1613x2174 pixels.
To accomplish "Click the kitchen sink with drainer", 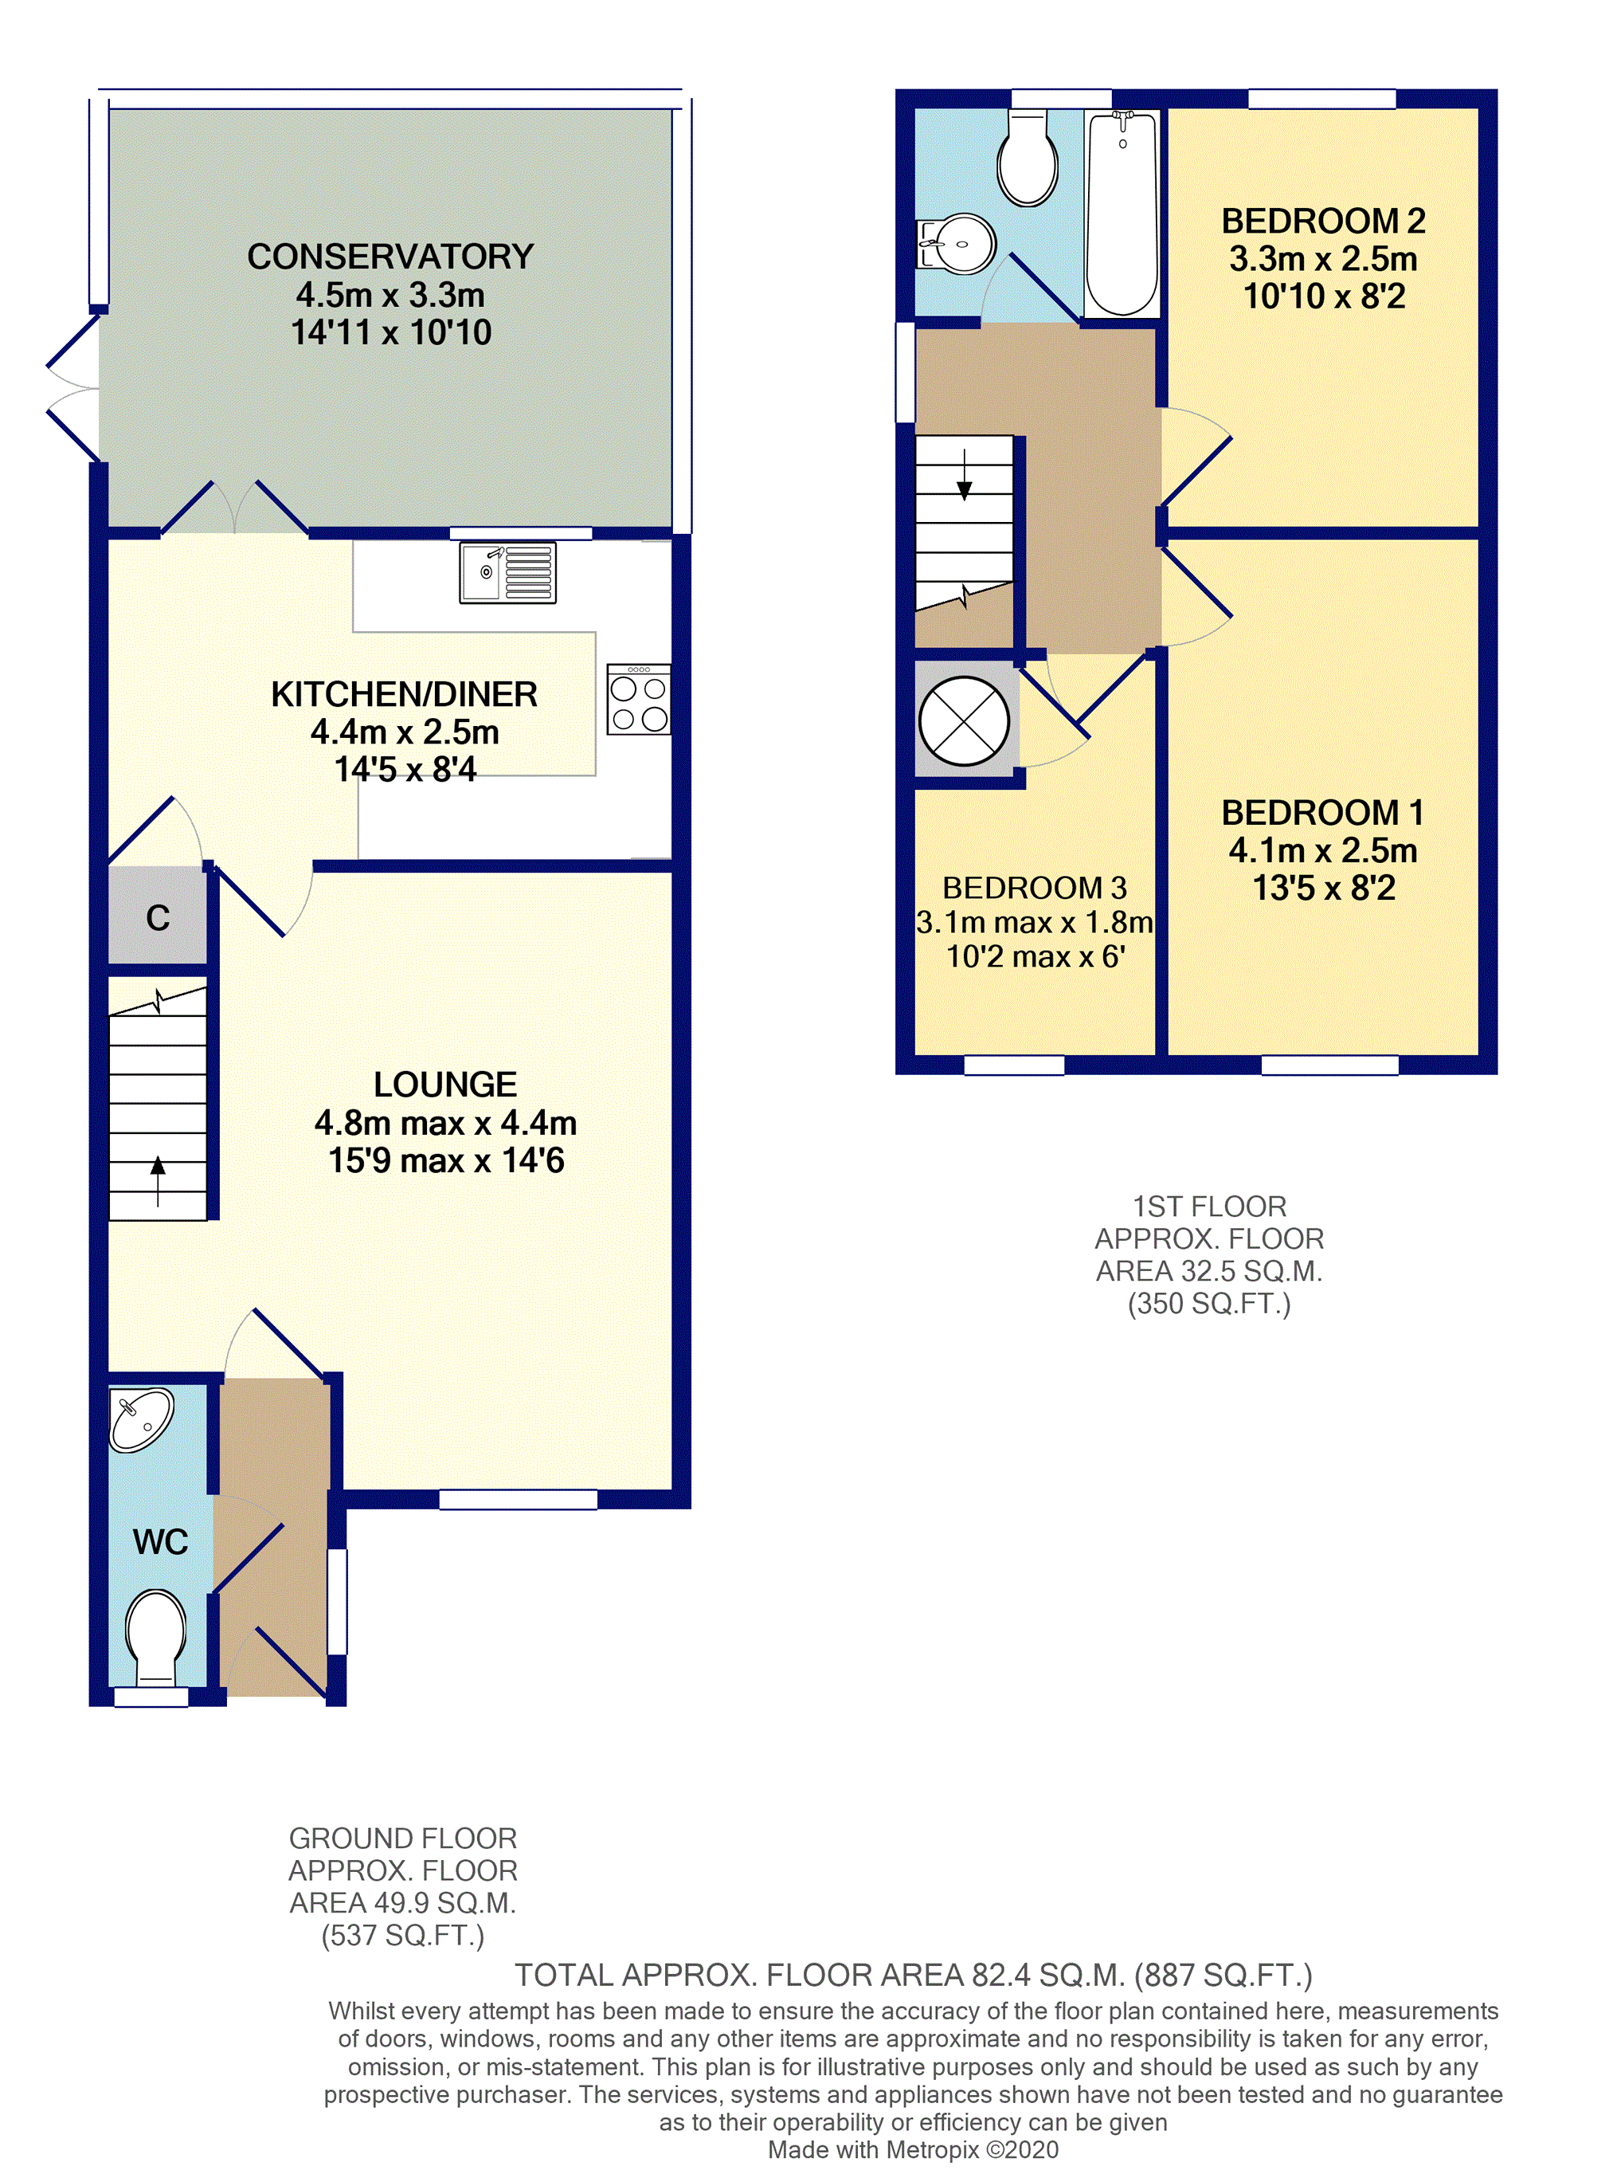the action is (507, 572).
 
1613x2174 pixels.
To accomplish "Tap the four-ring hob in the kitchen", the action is (639, 699).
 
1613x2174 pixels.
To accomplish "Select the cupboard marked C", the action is (157, 917).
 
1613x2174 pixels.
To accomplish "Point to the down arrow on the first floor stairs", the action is (965, 476).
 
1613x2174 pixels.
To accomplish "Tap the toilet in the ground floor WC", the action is (156, 1636).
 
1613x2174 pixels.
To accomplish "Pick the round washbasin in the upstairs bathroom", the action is (957, 243).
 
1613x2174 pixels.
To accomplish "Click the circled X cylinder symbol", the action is (965, 720).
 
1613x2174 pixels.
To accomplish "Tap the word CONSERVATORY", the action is (390, 257).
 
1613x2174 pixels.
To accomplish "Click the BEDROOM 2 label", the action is (1323, 221).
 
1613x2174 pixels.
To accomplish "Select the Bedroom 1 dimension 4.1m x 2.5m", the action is (1323, 850).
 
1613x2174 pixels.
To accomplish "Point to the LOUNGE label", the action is (445, 1084).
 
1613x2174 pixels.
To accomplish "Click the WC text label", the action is (160, 1541).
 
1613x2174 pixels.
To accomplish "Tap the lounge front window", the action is (519, 1499).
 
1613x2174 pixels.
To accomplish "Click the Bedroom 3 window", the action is (1015, 1065).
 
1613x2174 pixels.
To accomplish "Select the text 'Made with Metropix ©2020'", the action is (913, 2149).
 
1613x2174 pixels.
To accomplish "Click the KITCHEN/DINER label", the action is (404, 694).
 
